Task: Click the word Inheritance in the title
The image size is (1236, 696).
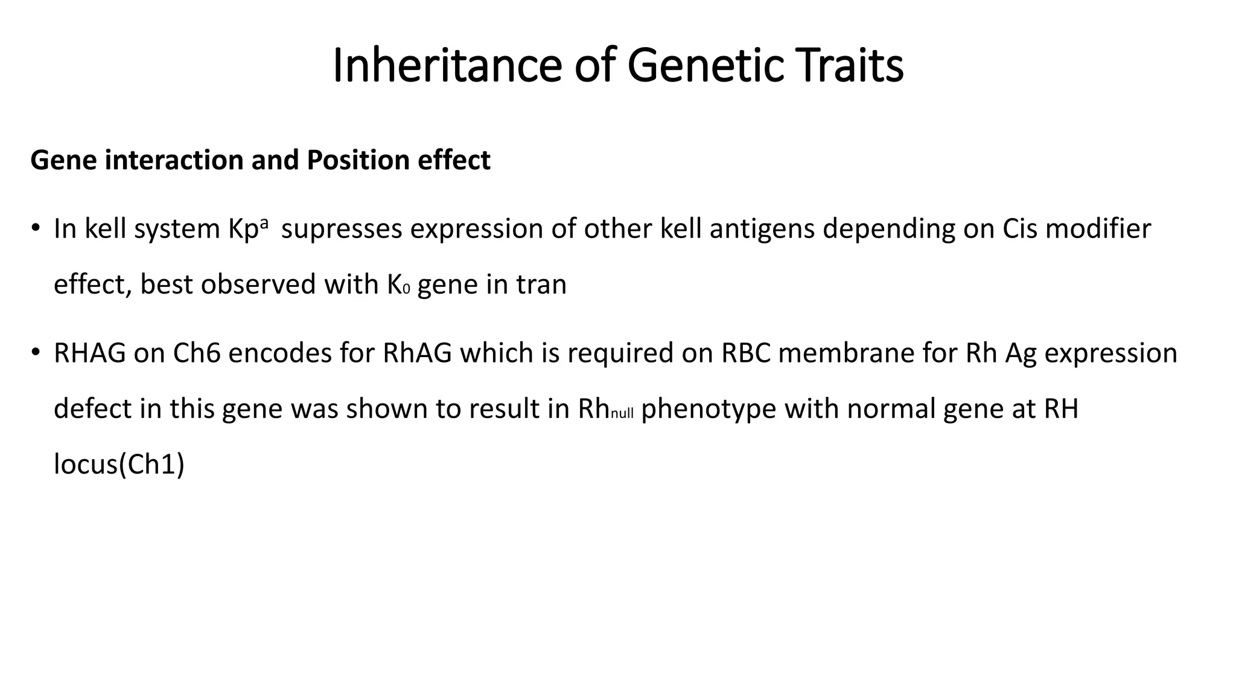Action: [x=447, y=65]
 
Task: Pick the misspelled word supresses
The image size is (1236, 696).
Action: [x=342, y=229]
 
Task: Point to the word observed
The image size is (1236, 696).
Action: [x=258, y=284]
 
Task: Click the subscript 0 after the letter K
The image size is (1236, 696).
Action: [x=406, y=289]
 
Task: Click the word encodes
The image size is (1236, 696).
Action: [x=280, y=353]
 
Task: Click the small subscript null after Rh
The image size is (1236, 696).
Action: [x=622, y=414]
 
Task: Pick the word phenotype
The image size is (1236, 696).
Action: [x=709, y=410]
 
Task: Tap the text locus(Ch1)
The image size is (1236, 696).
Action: [x=119, y=465]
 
